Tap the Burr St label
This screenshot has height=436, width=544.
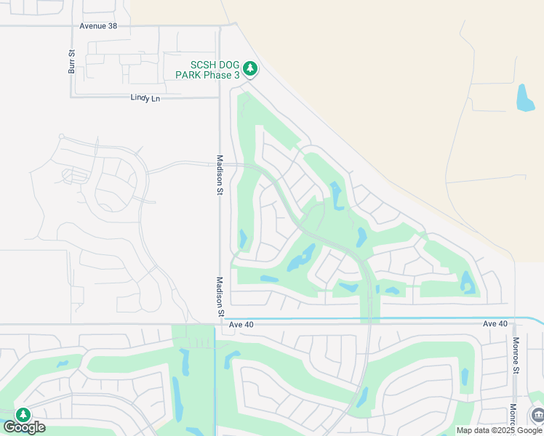point(72,62)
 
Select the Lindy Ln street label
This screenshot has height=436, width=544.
point(145,97)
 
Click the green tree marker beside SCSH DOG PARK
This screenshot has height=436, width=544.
point(250,69)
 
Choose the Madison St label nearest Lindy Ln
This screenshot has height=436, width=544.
point(220,174)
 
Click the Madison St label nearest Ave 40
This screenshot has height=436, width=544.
point(219,296)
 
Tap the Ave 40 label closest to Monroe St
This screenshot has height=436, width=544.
point(494,323)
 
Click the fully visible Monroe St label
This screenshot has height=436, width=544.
point(515,355)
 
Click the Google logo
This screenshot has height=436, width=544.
point(23,427)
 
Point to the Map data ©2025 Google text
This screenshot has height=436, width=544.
point(498,430)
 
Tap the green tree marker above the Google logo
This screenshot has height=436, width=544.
point(23,415)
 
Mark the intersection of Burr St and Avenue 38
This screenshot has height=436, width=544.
point(71,25)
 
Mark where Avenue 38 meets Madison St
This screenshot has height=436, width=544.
point(220,25)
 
